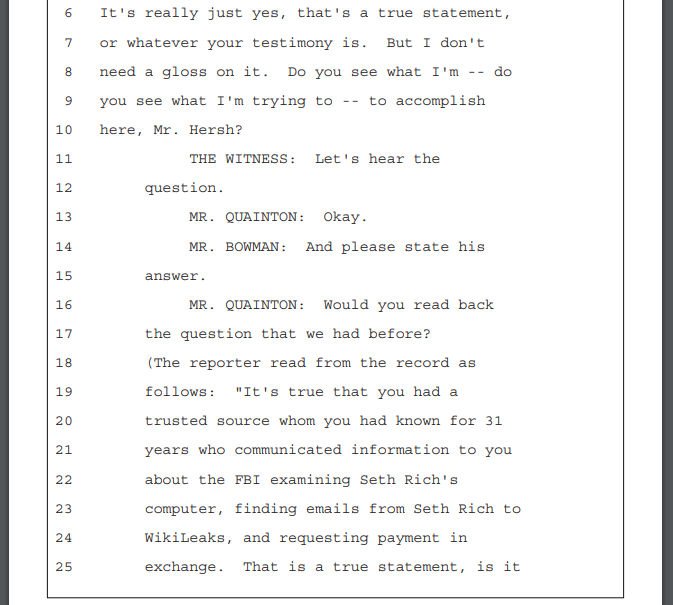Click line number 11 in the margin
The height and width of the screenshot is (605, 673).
(x=64, y=159)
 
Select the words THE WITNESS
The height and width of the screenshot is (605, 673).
(x=243, y=159)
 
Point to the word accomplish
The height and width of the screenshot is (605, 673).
(x=440, y=101)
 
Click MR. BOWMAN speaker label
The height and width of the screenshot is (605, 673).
(x=238, y=247)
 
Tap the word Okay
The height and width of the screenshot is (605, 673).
(x=345, y=217)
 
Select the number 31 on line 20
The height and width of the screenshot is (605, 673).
(x=494, y=420)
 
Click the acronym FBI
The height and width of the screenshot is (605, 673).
(x=247, y=480)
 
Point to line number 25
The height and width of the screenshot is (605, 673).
(x=64, y=567)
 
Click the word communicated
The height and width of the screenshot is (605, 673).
(x=288, y=450)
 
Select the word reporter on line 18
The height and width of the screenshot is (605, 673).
(x=225, y=363)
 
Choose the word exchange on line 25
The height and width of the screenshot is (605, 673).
(x=184, y=567)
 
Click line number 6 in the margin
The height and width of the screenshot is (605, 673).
(x=68, y=13)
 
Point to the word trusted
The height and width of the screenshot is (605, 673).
(x=176, y=420)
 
